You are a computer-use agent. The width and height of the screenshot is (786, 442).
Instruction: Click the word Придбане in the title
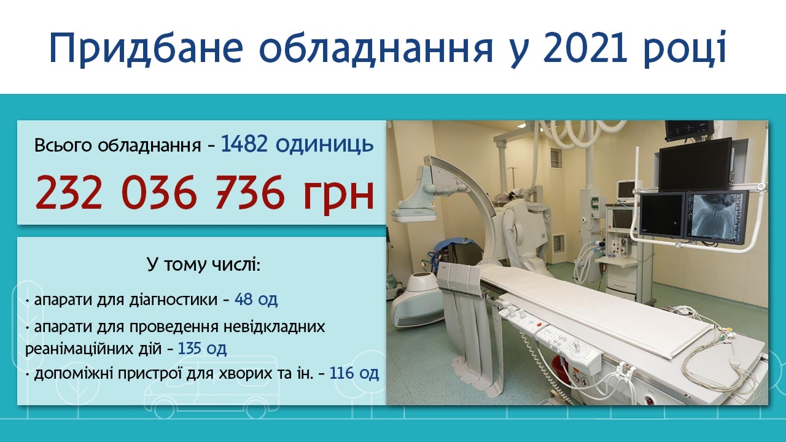[x=146, y=48]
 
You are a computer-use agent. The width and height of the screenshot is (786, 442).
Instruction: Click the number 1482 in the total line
[x=244, y=144]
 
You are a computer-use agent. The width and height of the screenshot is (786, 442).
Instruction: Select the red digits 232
[x=68, y=193]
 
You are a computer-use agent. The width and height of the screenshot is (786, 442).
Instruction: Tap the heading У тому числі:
[x=203, y=265]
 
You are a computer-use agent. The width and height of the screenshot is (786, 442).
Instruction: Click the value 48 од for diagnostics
[x=256, y=300]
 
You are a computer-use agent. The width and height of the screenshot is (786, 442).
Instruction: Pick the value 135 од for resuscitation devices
[x=203, y=349]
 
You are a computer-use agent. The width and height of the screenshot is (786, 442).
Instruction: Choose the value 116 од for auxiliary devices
[x=354, y=373]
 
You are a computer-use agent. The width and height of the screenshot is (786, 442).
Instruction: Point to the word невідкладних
[x=274, y=327]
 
